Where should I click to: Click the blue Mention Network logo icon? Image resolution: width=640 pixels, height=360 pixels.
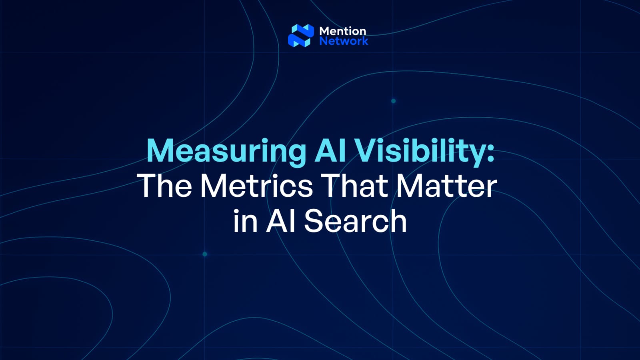[x=301, y=36]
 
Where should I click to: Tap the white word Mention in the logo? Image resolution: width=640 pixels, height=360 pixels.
[x=342, y=31]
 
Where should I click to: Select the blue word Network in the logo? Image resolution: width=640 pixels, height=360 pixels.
[x=344, y=41]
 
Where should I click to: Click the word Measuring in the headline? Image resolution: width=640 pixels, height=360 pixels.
[x=226, y=151]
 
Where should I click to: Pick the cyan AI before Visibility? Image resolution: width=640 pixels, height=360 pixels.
[x=330, y=150]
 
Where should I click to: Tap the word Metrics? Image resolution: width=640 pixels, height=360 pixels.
[x=256, y=186]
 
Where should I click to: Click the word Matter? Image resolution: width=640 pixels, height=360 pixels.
[x=446, y=186]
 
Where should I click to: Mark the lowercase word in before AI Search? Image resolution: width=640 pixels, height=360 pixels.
[x=245, y=221]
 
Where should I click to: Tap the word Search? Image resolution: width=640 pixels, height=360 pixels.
[x=355, y=221]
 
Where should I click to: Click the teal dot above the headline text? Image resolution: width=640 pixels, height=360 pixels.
[x=393, y=101]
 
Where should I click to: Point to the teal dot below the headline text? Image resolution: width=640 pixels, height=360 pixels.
[x=205, y=254]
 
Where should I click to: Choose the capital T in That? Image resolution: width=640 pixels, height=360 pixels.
[x=332, y=186]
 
